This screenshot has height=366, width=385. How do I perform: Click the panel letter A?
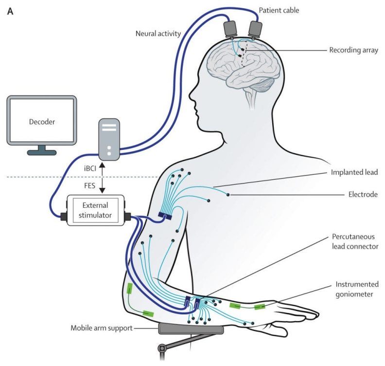pos(10,10)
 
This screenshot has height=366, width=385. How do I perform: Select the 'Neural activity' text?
pos(158,33)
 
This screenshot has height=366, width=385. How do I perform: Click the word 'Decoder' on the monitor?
pos(42,122)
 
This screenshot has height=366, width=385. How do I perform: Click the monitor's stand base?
pos(42,152)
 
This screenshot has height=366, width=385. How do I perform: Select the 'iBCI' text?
pos(90,167)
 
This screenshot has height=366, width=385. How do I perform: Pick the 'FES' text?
pos(91,186)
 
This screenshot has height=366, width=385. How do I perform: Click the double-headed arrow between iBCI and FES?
pos(102,177)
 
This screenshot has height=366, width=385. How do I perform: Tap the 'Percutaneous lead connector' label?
pos(354,241)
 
